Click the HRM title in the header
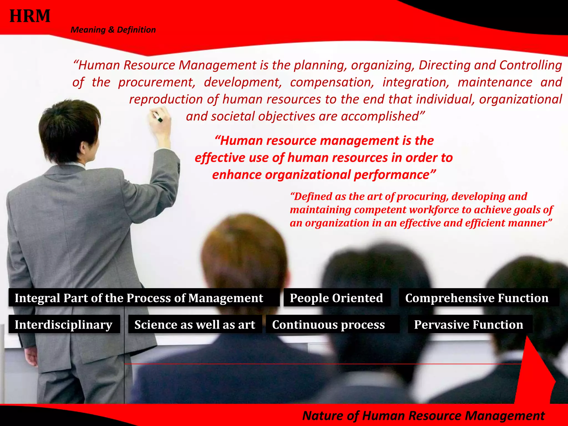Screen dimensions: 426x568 30,16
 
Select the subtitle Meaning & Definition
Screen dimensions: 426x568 113,30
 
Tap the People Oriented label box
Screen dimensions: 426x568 336,298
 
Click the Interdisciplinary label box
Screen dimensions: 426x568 64,324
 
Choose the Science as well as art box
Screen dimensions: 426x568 195,324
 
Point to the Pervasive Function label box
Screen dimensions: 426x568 468,324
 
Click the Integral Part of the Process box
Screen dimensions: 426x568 139,298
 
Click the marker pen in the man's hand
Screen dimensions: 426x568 158,118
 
